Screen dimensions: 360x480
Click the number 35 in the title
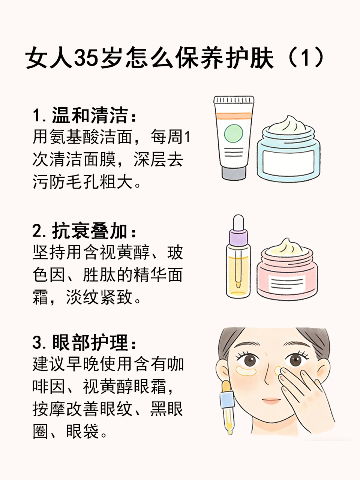(x=86, y=58)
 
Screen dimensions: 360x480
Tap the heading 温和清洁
(x=90, y=115)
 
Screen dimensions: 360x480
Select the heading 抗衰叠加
(x=90, y=231)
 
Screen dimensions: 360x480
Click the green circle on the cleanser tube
(x=234, y=133)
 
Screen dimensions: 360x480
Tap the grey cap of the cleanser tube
(x=234, y=173)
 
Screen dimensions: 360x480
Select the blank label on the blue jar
(x=288, y=162)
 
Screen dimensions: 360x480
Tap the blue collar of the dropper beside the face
(x=227, y=400)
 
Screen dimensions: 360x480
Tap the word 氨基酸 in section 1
(x=75, y=136)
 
